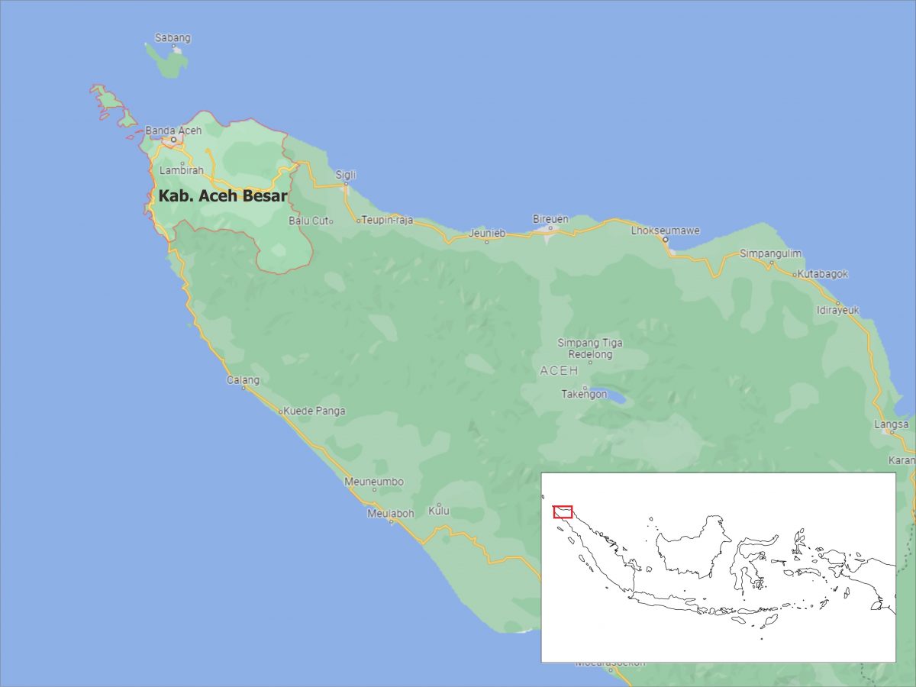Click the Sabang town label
(173, 37)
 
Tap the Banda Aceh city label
(173, 131)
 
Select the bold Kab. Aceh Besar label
(223, 196)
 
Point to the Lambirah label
(182, 170)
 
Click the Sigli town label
(346, 175)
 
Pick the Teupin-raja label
(387, 220)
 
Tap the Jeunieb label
(487, 233)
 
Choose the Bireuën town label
(550, 219)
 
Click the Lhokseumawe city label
(665, 231)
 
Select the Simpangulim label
(770, 253)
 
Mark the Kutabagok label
(823, 274)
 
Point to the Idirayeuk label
(837, 310)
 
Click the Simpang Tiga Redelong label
(590, 349)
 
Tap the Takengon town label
(584, 394)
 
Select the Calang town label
(243, 379)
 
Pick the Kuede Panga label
(314, 411)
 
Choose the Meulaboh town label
(390, 513)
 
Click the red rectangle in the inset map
(563, 511)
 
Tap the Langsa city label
(892, 424)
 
